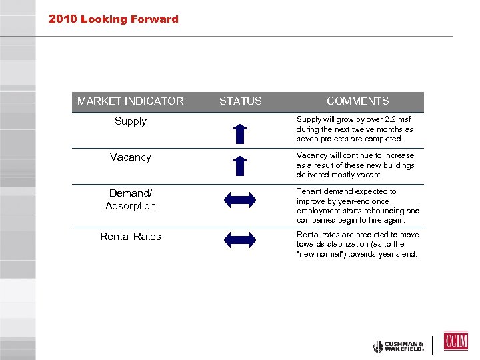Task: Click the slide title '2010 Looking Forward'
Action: tap(113, 19)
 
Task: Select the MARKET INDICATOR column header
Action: tap(131, 101)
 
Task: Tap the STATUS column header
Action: tap(241, 101)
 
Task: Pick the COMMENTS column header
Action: tap(357, 101)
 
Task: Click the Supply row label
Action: tap(131, 121)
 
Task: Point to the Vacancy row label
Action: tap(131, 157)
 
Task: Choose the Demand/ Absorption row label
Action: tap(131, 199)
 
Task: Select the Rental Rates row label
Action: tap(131, 237)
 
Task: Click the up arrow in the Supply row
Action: tap(241, 133)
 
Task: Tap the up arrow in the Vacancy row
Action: tap(241, 165)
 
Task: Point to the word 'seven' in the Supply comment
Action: tap(308, 139)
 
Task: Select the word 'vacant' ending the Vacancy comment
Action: tap(369, 175)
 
